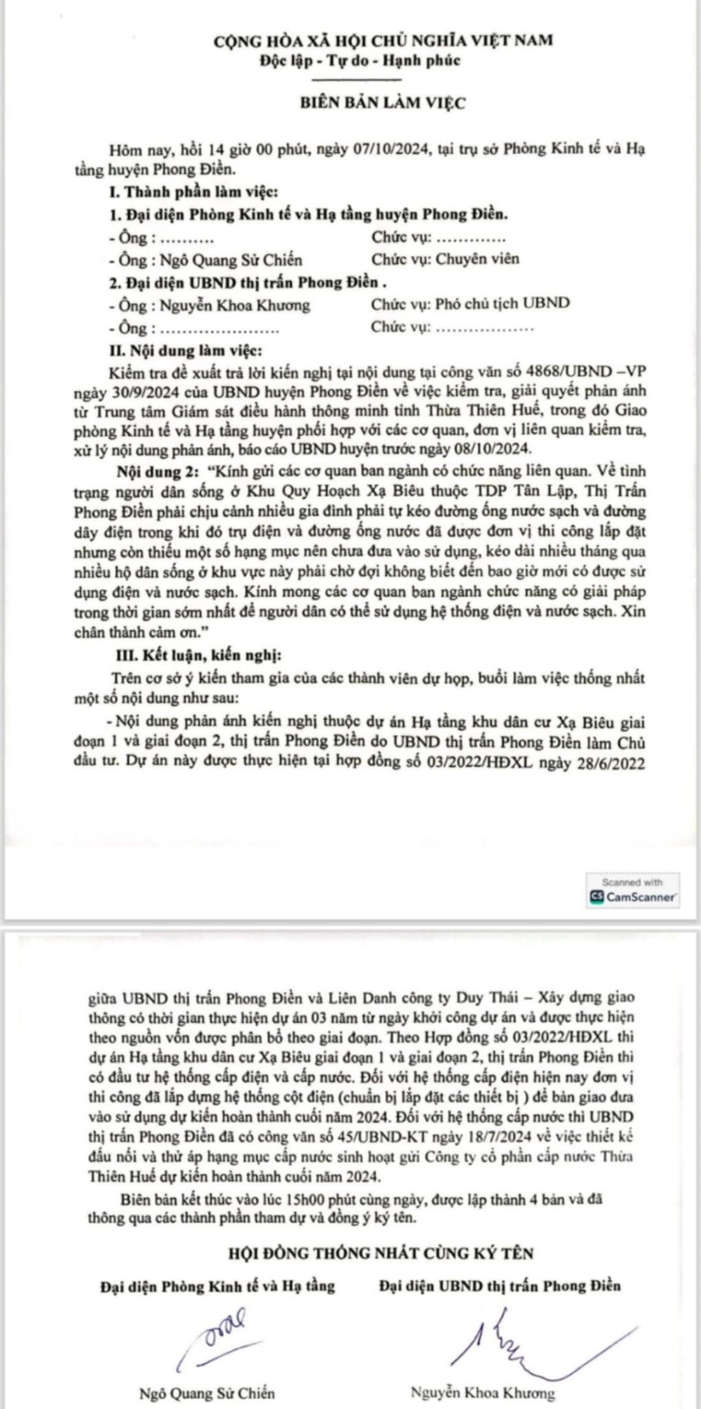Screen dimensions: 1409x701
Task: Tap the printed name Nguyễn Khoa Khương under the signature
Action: coord(483,1392)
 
